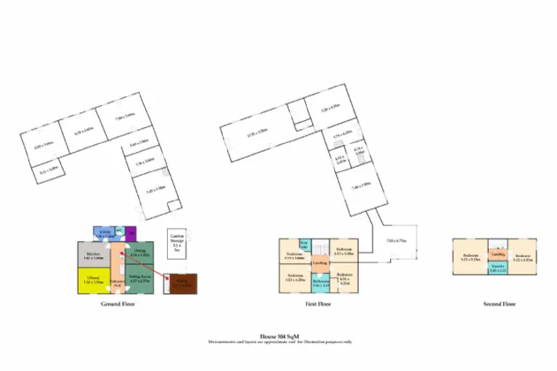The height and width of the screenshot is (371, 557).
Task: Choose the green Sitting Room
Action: pos(141,279)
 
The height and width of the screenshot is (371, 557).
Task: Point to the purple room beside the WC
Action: pos(131,234)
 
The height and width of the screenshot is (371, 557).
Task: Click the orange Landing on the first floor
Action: pos(320,263)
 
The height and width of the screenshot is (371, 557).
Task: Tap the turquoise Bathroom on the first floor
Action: pos(320,283)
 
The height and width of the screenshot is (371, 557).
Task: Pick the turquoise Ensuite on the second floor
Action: pos(498,267)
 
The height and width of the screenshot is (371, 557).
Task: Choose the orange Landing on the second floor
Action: pos(498,254)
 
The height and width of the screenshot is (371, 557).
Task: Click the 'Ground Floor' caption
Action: pos(117,304)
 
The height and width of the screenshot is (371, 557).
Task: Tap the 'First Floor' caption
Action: pos(318,304)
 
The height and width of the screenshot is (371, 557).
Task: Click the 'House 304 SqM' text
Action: pos(278,335)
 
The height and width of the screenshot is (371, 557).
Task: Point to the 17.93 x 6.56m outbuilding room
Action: pos(257,137)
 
